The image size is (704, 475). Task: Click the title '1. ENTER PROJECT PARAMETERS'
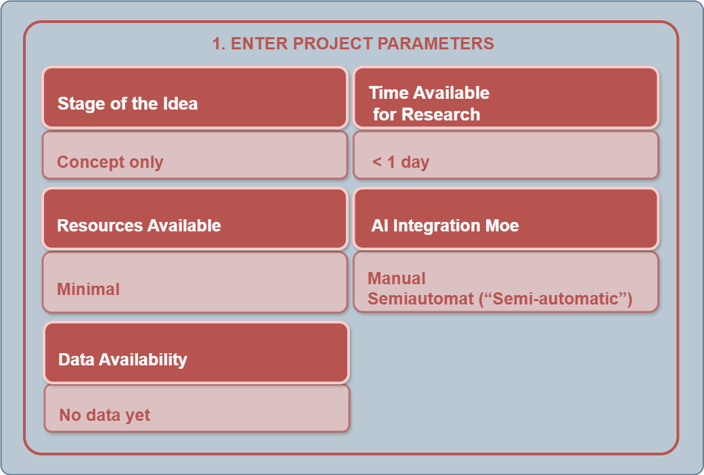click(x=353, y=43)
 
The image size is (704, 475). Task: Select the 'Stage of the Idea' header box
click(x=195, y=98)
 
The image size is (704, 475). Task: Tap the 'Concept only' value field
click(x=195, y=155)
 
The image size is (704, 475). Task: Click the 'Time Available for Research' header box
click(x=506, y=98)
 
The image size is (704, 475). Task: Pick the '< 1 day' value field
click(x=506, y=155)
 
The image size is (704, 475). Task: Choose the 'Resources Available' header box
click(x=195, y=219)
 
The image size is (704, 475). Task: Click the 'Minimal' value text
click(x=89, y=289)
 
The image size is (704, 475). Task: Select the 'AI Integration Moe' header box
click(x=506, y=219)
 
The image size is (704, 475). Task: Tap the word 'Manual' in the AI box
click(x=397, y=278)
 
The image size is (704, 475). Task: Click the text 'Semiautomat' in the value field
click(x=420, y=298)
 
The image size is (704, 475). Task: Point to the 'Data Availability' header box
click(x=197, y=353)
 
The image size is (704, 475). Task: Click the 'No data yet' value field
click(x=197, y=408)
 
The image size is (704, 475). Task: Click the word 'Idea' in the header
click(x=180, y=104)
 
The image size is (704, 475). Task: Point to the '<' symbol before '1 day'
click(x=377, y=162)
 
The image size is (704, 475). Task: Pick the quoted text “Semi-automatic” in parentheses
click(x=556, y=298)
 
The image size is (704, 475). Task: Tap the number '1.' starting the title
click(x=219, y=43)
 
